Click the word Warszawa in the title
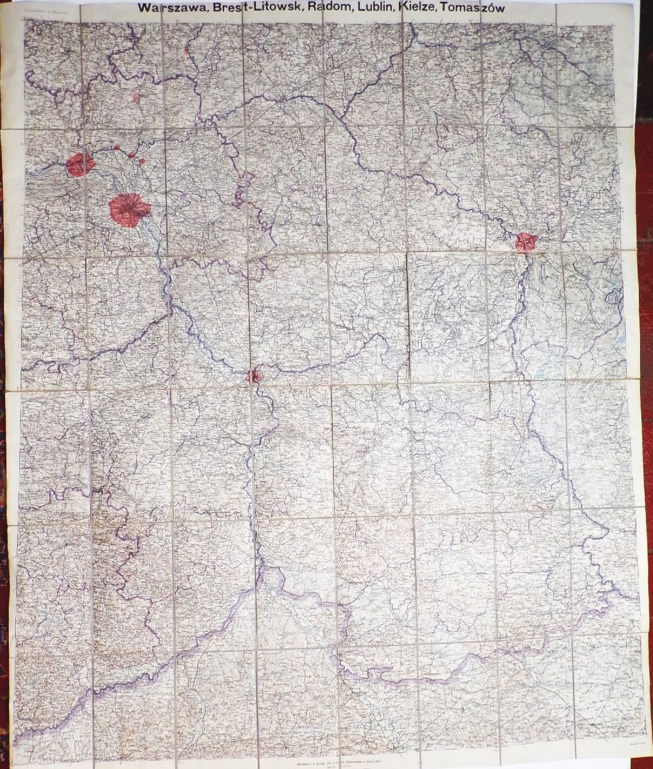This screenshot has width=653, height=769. (x=166, y=8)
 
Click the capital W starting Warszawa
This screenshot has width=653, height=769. (x=144, y=8)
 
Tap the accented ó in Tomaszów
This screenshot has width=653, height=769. (x=490, y=8)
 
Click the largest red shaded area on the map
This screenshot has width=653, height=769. (x=129, y=208)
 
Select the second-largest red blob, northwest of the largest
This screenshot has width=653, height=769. (x=79, y=164)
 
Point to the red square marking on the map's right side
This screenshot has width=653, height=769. (x=525, y=242)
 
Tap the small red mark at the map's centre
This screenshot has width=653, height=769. (x=253, y=375)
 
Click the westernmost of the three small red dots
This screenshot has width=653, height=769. (x=116, y=147)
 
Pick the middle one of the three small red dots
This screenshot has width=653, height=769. (x=131, y=155)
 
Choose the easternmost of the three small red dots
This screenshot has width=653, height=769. (x=141, y=161)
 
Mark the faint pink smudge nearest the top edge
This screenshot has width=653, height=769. (x=186, y=51)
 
